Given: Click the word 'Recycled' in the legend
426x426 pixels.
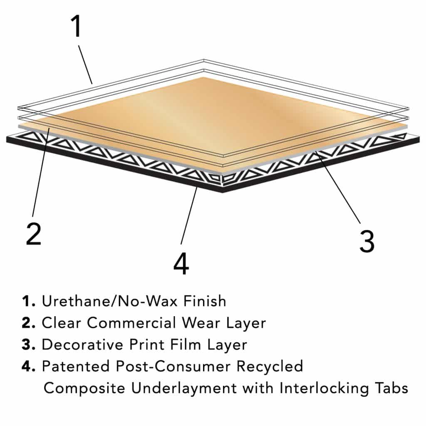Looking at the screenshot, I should pyautogui.click(x=270, y=367).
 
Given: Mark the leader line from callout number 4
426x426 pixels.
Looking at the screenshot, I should pyautogui.click(x=189, y=216).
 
